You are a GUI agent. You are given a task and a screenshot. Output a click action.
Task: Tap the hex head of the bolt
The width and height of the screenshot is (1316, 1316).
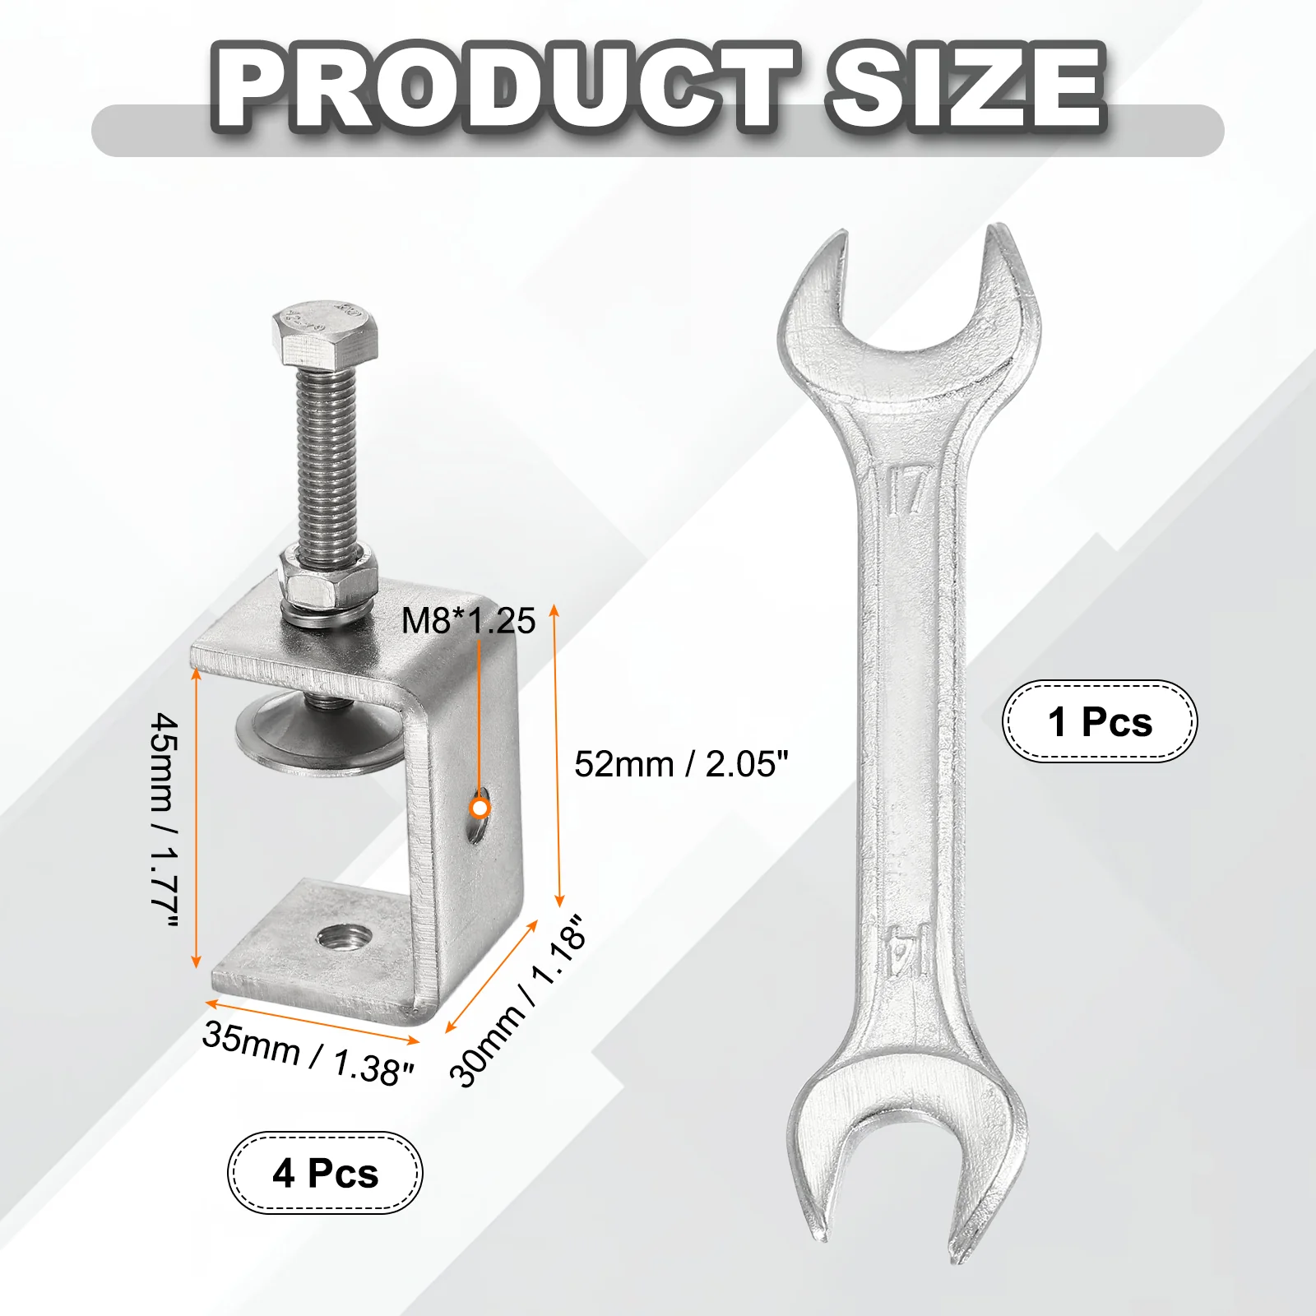point(327,333)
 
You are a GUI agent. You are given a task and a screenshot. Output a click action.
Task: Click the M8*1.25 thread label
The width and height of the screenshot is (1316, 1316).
point(468,621)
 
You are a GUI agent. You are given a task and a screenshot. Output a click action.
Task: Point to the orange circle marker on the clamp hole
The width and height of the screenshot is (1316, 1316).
point(480,808)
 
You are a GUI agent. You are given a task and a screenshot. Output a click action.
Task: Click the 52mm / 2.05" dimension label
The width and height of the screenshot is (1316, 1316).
point(681,764)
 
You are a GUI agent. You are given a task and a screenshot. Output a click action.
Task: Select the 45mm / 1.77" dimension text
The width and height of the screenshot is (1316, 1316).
point(164,822)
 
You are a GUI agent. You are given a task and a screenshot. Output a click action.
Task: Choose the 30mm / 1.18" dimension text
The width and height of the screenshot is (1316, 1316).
point(519,1001)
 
